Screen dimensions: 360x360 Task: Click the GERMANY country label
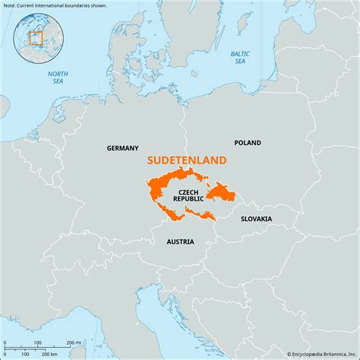coord(122,148)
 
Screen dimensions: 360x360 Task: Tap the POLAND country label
coord(248,143)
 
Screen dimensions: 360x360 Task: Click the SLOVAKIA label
coord(256,219)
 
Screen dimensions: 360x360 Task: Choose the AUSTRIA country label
coord(180,242)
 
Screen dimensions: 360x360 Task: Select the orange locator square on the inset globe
coord(35,38)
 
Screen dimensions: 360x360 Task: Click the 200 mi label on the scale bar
coord(73,343)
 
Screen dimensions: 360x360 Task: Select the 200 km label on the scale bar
coord(49,355)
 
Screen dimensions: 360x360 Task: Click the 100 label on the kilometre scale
coord(25,355)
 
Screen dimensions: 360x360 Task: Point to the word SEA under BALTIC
coord(240,62)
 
